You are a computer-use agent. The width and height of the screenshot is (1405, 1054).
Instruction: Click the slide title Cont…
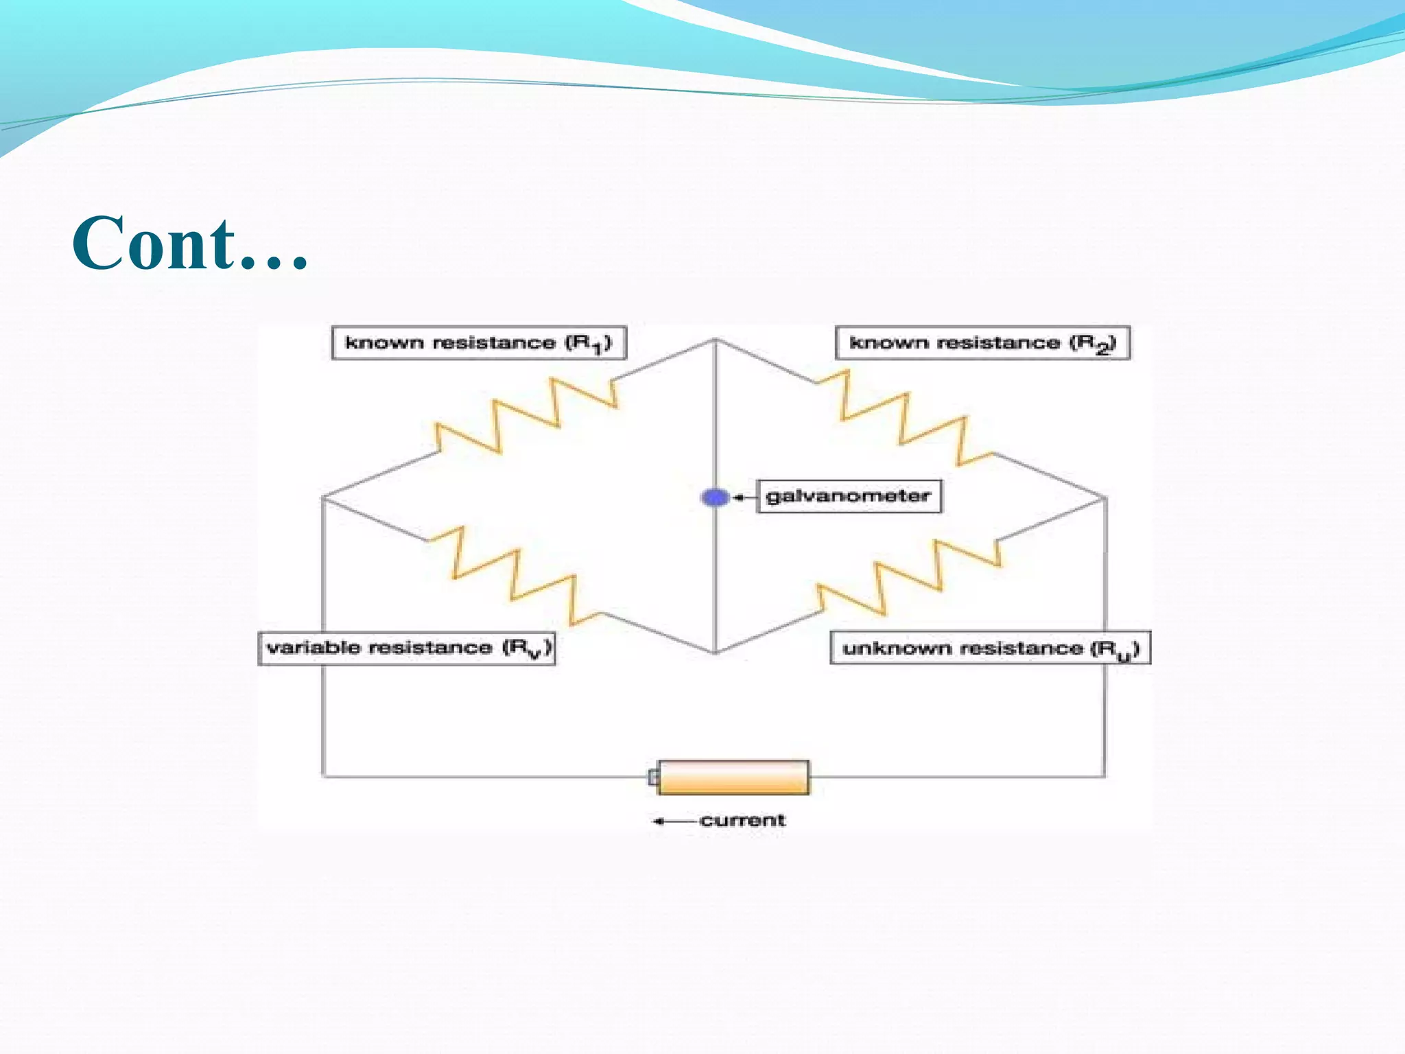[x=190, y=244]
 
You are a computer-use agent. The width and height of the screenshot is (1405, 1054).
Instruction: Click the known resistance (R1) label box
[x=479, y=342]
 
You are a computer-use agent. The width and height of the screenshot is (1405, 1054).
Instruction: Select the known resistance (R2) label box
[x=982, y=342]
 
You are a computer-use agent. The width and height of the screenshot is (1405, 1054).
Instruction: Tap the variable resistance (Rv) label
[x=407, y=648]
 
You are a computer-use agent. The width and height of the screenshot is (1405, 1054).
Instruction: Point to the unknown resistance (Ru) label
[x=990, y=648]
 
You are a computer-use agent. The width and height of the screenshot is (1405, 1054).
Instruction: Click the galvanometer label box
[x=849, y=496]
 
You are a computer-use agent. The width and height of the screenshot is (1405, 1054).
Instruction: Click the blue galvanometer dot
[x=715, y=497]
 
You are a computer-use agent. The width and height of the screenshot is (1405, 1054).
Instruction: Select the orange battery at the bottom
[x=733, y=777]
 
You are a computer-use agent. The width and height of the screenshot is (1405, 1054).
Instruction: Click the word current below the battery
[x=742, y=821]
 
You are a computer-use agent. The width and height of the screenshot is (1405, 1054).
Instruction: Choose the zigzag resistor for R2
[x=904, y=417]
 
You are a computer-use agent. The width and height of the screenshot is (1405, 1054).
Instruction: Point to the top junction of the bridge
[x=715, y=340]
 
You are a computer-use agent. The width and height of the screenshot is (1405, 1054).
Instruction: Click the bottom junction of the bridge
[x=715, y=652]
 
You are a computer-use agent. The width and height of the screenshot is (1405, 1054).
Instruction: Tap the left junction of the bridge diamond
[x=322, y=497]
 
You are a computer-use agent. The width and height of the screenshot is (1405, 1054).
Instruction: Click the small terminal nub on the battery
[x=653, y=777]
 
